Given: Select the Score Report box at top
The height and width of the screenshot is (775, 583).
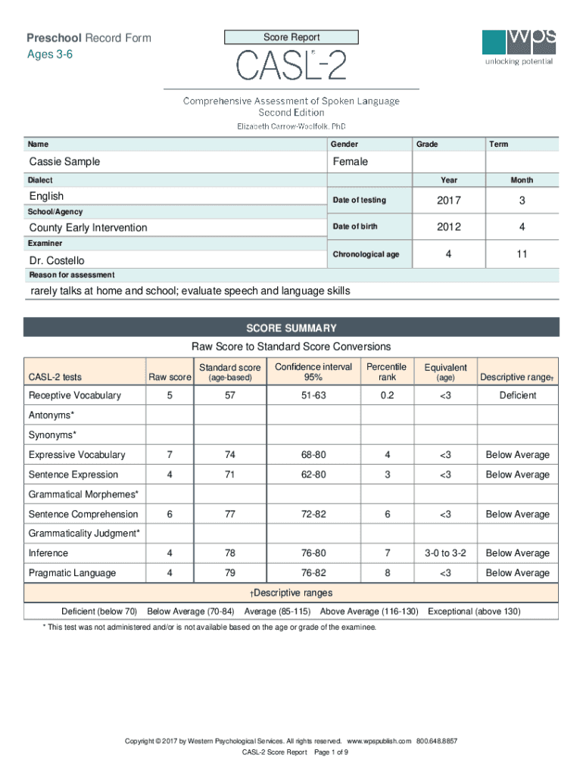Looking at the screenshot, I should click(291, 37).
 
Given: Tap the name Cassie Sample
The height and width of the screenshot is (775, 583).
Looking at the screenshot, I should click(64, 162).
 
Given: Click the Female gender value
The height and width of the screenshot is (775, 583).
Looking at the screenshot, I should click(350, 162).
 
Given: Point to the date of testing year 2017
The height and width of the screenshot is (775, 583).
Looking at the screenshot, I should click(449, 201).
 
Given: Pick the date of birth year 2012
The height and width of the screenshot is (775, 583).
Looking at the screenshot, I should click(449, 227).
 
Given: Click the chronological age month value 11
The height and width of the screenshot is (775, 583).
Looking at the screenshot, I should click(522, 254).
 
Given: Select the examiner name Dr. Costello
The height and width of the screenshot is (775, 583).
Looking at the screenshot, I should click(57, 260).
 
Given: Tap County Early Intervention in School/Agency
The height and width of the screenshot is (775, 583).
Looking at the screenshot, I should click(88, 228).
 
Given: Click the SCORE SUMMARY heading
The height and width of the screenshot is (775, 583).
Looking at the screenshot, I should click(291, 328).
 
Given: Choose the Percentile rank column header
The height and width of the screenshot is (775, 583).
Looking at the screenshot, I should click(387, 372).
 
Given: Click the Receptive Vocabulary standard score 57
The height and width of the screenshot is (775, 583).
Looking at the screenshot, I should click(229, 396).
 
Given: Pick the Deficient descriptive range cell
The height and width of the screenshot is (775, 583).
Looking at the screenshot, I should click(518, 396).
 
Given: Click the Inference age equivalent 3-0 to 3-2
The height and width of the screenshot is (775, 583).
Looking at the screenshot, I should click(445, 553).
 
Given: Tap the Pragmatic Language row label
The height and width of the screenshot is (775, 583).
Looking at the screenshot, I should click(72, 573).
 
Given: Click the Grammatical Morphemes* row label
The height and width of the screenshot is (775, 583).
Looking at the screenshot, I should click(83, 494).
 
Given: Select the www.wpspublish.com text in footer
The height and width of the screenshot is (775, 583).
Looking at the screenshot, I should click(378, 741).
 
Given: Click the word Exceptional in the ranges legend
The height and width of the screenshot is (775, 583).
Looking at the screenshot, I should click(452, 611).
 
